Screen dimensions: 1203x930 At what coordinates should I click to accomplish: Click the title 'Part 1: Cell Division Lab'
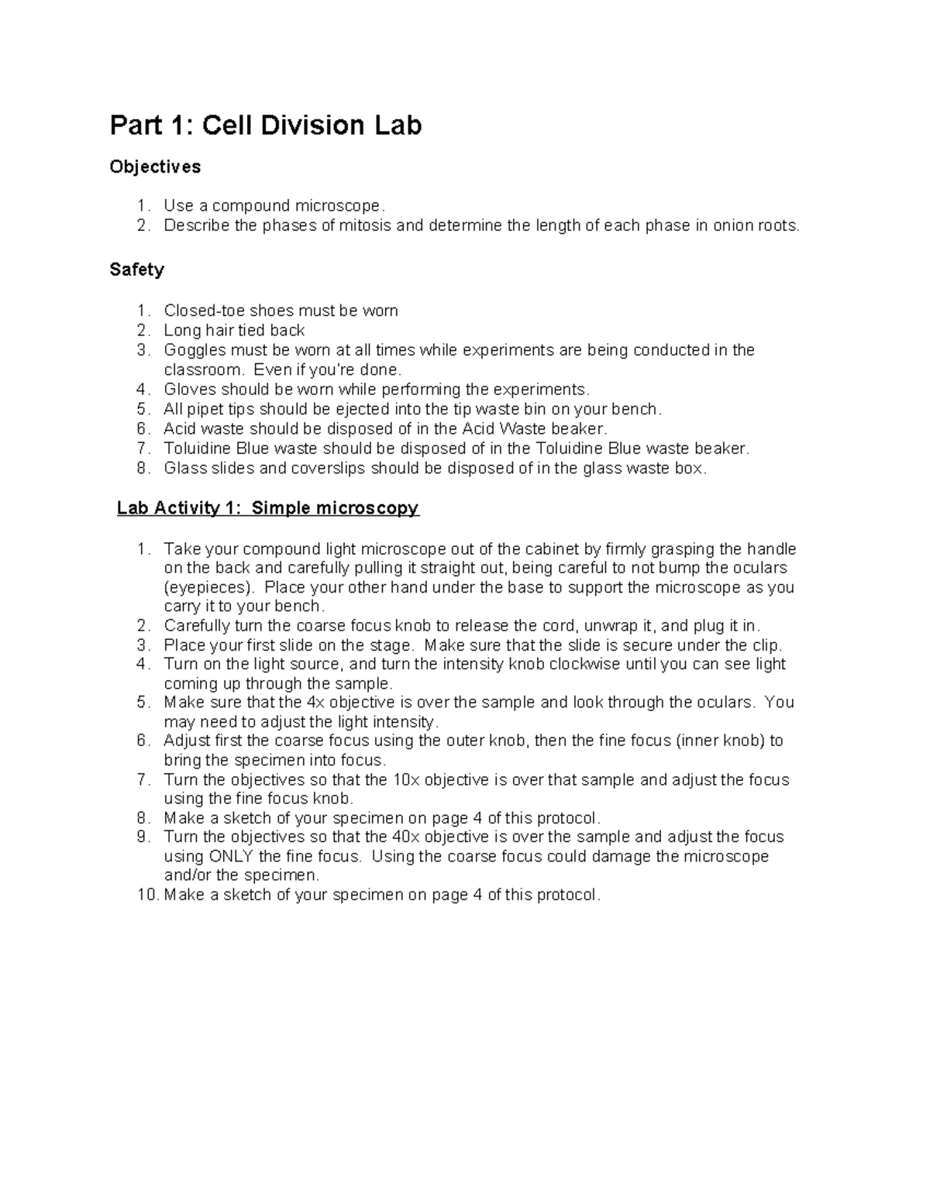tap(265, 125)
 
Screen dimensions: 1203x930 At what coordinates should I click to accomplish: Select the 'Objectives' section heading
tap(155, 167)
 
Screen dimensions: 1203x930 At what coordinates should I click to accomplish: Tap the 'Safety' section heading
tap(136, 270)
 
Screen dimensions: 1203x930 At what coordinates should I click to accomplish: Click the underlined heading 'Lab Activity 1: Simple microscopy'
tap(267, 508)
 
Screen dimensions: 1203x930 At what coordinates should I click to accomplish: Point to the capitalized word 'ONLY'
tap(230, 856)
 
